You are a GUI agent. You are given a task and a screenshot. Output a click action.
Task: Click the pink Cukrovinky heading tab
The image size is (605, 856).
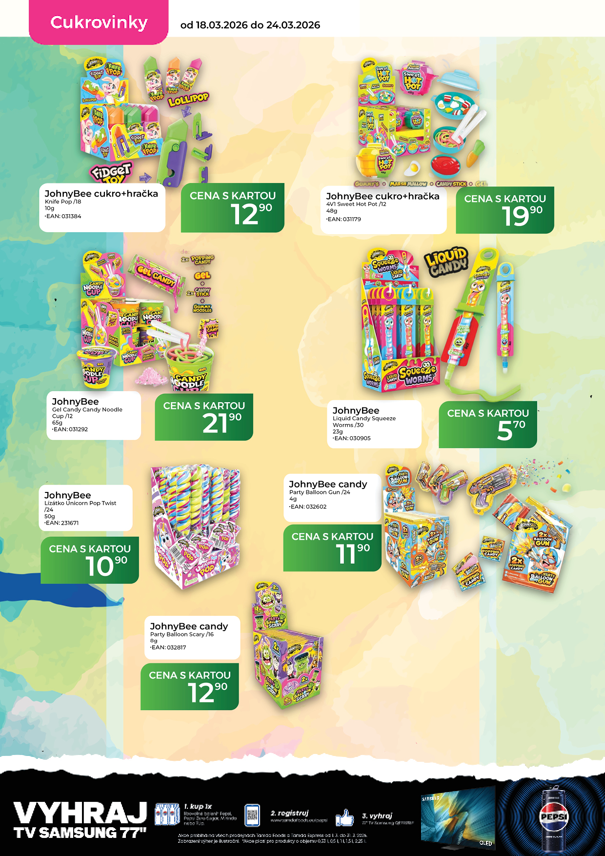pyautogui.click(x=99, y=22)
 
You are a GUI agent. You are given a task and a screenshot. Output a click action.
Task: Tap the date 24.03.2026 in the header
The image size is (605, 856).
pyautogui.click(x=293, y=25)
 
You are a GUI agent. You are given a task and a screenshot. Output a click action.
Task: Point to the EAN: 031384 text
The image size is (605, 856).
pyautogui.click(x=63, y=216)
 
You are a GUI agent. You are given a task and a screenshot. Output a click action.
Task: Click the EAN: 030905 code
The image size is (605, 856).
pyautogui.click(x=352, y=438)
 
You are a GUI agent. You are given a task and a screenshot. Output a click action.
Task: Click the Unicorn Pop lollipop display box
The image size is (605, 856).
pyautogui.click(x=195, y=532)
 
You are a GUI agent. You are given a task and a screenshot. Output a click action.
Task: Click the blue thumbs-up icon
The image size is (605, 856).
pyautogui.click(x=344, y=817)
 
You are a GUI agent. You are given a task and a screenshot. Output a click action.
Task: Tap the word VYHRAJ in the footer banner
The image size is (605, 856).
pyautogui.click(x=81, y=813)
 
